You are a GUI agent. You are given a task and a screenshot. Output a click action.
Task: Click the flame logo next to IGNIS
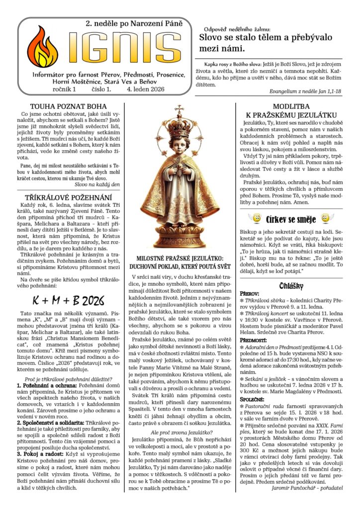pyautogui.click(x=42, y=47)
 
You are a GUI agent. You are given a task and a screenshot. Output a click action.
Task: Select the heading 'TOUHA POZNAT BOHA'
pyautogui.click(x=68, y=106)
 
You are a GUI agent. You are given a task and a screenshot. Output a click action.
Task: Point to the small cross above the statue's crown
pyautogui.click(x=179, y=108)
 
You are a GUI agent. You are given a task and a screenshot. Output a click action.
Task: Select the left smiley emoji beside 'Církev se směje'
pyautogui.click(x=255, y=218)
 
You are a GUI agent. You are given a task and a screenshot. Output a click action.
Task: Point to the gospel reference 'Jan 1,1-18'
pyautogui.click(x=329, y=91)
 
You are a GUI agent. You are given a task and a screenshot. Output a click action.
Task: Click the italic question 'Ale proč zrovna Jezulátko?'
pyautogui.click(x=179, y=432)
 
